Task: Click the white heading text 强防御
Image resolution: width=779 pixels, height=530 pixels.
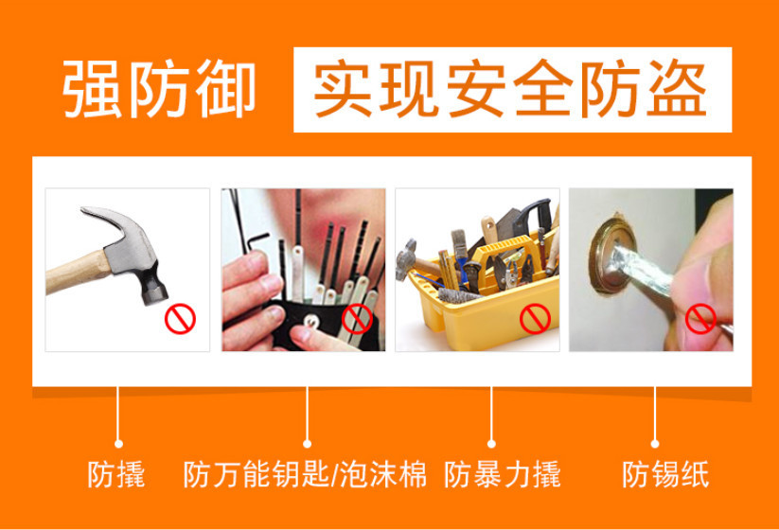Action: click(159, 90)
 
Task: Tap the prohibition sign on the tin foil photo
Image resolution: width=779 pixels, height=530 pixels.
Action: click(701, 317)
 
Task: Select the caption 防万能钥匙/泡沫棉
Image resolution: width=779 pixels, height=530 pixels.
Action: click(305, 472)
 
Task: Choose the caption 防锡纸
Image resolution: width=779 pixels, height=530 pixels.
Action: click(664, 472)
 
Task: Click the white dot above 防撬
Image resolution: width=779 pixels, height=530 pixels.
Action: click(118, 441)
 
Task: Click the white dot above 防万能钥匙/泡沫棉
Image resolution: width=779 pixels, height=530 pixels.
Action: click(307, 441)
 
